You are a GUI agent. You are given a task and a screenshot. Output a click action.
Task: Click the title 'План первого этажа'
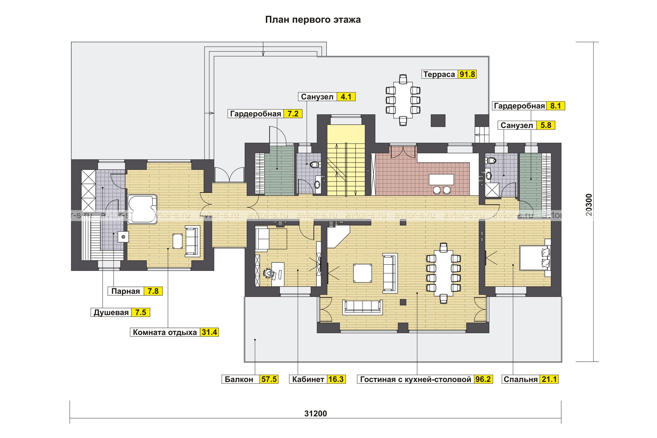pos(313,20)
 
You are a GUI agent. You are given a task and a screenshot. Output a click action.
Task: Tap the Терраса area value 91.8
pos(467,74)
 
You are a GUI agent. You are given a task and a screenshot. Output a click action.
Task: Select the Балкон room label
pos(239,379)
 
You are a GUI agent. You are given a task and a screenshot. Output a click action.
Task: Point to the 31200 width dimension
pos(315,413)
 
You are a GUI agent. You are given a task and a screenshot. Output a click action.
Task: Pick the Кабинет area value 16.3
pos(336,379)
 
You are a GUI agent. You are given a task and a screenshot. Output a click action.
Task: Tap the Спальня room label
pos(521,379)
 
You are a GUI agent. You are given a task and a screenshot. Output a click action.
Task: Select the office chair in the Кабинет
pos(269,273)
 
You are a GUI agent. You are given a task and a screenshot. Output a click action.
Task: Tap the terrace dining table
pos(403,100)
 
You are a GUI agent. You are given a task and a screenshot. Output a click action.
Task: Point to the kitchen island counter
pos(441,180)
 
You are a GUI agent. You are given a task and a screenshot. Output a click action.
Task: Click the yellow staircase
pos(346,160)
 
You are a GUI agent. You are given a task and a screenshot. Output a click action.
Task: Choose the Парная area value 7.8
pos(153,291)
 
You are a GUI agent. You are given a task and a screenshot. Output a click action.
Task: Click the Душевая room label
pos(111,312)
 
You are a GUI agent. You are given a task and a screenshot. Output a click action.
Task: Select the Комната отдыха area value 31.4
pos(209,332)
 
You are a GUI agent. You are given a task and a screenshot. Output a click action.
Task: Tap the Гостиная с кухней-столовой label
pos(416,379)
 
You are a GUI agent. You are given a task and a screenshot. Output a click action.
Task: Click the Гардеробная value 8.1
pos(555,106)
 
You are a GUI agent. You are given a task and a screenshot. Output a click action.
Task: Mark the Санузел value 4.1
pos(346,97)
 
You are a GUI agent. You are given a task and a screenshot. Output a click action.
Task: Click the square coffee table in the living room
pos(363,273)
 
